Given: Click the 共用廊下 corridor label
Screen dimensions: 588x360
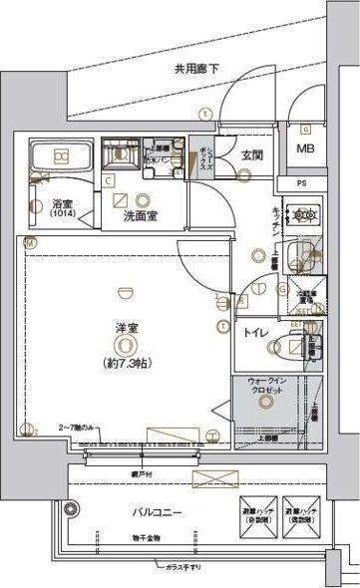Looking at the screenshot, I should pos(197,70).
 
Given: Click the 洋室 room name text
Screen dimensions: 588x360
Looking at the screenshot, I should pos(124,328).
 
